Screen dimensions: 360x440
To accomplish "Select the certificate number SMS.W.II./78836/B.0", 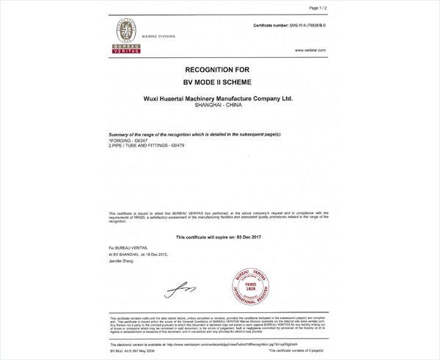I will tap(290, 26).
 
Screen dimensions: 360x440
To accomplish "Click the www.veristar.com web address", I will tap(309, 50).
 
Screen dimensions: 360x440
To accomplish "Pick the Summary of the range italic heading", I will tap(194, 135).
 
